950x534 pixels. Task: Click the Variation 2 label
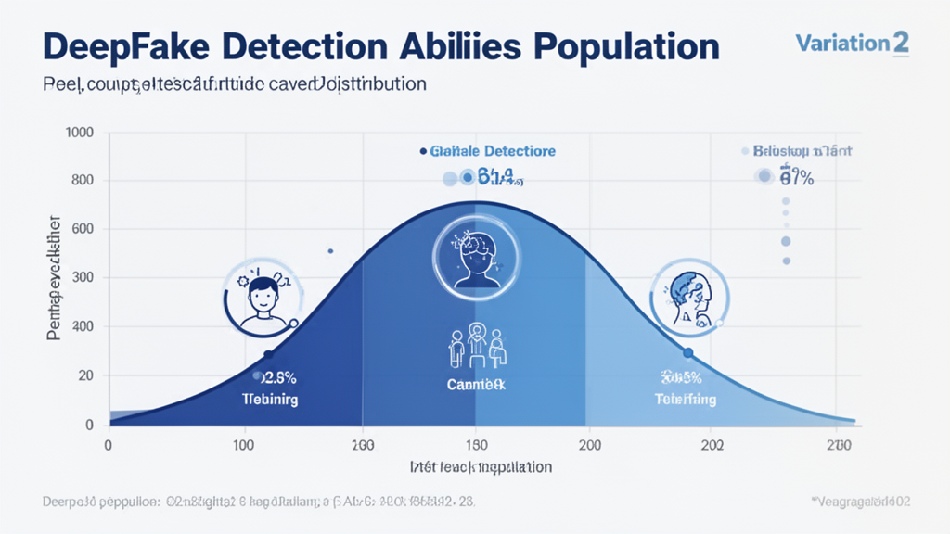[x=853, y=42]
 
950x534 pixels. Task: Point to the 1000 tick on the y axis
[x=80, y=133]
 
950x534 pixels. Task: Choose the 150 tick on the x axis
[x=476, y=445]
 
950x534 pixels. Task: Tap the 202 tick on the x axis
[x=712, y=445]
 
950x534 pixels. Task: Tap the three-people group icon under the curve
[x=476, y=348]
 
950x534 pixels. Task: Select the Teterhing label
[x=686, y=400]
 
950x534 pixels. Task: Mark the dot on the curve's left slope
[x=268, y=355]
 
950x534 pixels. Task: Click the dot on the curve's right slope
[x=687, y=353]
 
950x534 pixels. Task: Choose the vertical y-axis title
[x=54, y=278]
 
